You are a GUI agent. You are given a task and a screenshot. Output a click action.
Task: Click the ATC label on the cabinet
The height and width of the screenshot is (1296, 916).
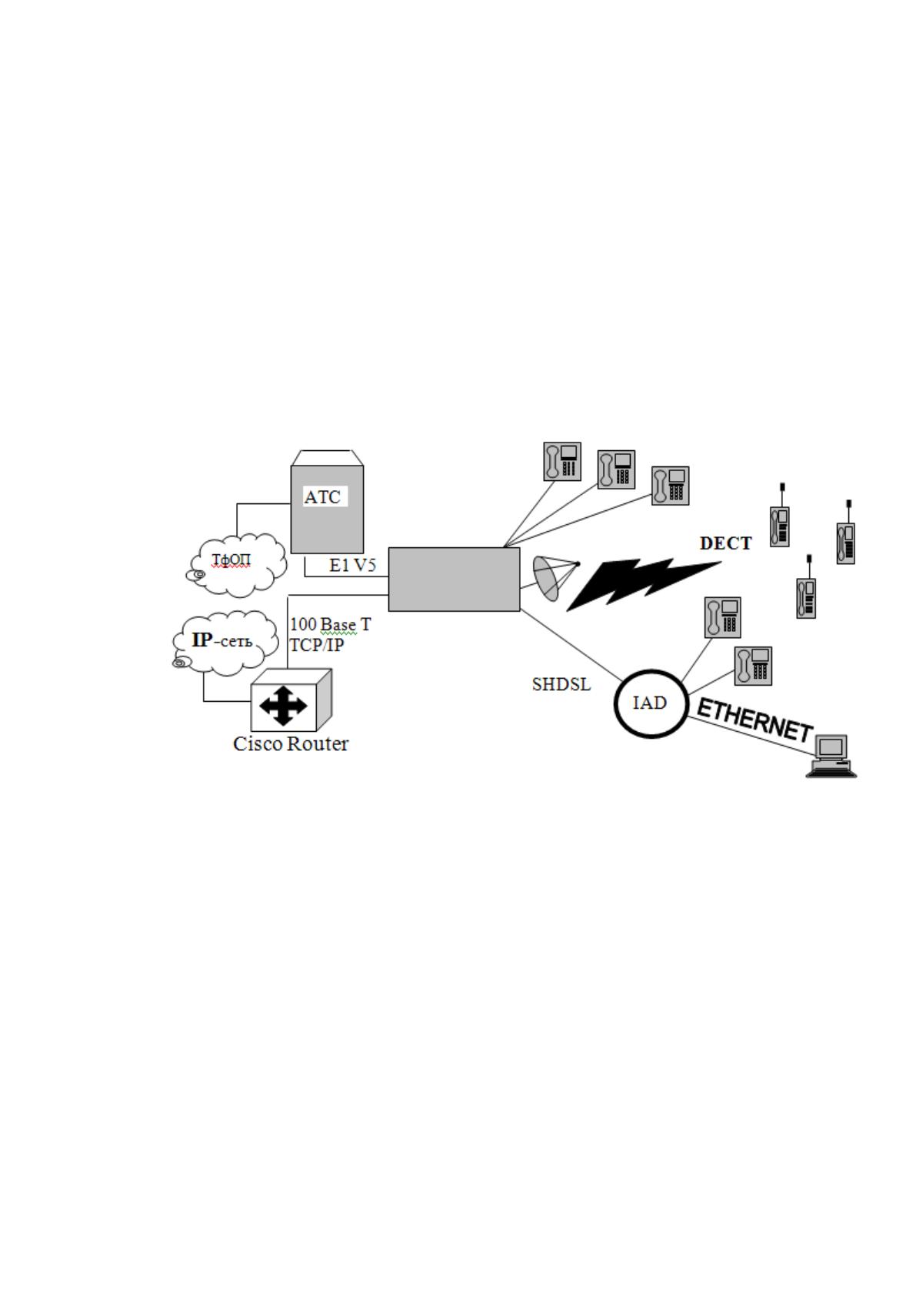[322, 497]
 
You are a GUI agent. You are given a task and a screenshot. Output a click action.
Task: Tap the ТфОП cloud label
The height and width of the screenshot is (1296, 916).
[231, 559]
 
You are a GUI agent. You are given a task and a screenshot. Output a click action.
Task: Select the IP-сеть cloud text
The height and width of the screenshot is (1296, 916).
[222, 640]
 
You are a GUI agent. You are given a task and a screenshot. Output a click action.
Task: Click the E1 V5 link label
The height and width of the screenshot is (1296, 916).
[353, 565]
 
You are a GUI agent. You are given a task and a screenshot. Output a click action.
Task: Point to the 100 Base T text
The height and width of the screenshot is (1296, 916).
[330, 624]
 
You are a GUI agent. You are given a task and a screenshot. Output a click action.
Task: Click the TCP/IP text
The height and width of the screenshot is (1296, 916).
[316, 644]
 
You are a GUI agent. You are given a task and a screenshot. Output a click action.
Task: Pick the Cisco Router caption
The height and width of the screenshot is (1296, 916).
[291, 743]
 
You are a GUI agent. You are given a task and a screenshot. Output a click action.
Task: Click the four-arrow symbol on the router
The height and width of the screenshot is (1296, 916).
[283, 706]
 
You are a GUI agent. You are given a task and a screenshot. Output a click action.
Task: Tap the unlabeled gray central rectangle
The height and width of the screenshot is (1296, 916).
[454, 580]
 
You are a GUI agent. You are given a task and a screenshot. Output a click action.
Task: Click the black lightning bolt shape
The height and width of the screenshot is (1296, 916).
[642, 584]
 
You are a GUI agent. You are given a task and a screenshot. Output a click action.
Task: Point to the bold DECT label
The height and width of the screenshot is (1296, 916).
[726, 543]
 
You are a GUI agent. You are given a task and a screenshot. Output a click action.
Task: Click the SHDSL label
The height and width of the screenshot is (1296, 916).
[561, 684]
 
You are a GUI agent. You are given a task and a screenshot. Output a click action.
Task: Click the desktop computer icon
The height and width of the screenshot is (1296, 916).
[831, 756]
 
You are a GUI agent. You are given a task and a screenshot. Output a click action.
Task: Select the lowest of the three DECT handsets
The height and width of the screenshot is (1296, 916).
[806, 591]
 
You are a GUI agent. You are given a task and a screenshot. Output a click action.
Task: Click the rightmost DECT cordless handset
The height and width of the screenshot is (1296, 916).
[846, 536]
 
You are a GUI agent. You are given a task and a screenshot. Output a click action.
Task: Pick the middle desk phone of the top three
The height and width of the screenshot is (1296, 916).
[616, 469]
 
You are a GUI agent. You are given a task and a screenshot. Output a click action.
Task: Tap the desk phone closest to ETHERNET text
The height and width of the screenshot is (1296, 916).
[753, 666]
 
